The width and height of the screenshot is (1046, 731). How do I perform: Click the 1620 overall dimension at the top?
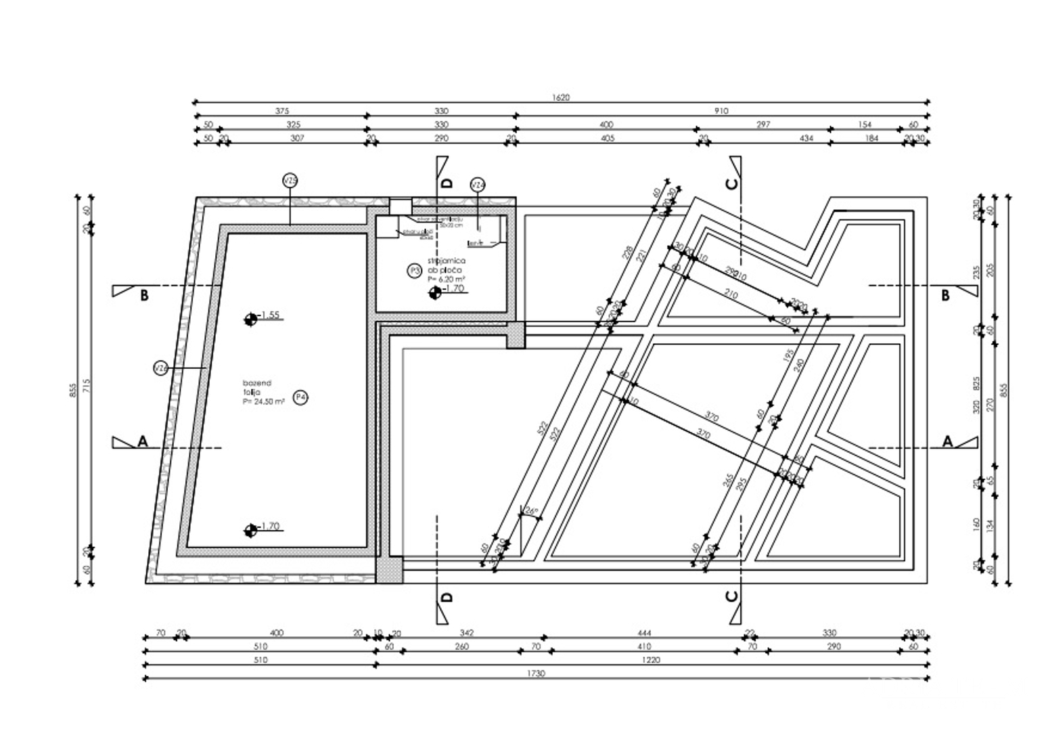click(x=561, y=97)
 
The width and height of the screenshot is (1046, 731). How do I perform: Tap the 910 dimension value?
click(x=721, y=111)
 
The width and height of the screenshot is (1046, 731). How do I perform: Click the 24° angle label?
click(x=530, y=512)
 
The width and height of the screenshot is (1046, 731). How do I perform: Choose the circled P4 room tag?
click(x=300, y=397)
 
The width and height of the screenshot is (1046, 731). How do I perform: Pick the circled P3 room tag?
click(x=414, y=271)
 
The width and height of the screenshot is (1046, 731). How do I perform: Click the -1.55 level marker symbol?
click(x=250, y=318)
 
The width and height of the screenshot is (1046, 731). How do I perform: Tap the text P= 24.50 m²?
click(x=263, y=401)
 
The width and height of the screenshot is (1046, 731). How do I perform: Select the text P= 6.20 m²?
click(x=444, y=278)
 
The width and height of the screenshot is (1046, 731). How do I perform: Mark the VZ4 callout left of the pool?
click(x=160, y=368)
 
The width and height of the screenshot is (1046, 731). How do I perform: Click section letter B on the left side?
click(x=143, y=296)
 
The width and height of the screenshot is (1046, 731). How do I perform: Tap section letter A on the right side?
click(x=947, y=441)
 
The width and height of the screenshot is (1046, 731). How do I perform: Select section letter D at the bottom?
click(x=447, y=597)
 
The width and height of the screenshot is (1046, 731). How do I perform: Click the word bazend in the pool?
click(x=257, y=383)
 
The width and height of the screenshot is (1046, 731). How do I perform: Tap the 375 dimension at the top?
click(x=281, y=111)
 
